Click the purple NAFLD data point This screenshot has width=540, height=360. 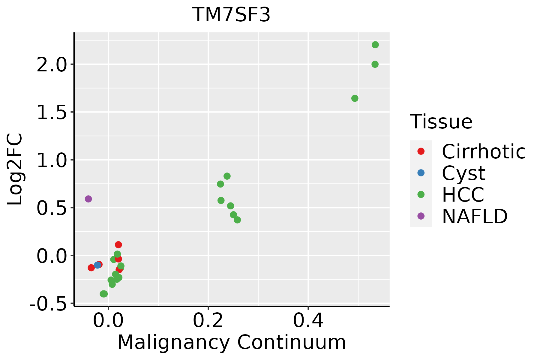tap(88, 199)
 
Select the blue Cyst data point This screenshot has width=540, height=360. tap(97, 265)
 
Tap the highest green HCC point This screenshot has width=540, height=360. tap(375, 45)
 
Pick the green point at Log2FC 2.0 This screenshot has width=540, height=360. tap(375, 64)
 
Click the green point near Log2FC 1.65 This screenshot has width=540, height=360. tap(355, 98)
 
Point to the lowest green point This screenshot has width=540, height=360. tap(104, 294)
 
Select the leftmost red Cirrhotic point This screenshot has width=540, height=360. tap(91, 268)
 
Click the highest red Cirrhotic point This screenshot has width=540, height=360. tap(118, 245)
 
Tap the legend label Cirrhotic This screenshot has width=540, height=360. tap(484, 151)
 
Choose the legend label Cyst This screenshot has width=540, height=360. tap(463, 173)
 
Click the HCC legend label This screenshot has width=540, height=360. tap(463, 195)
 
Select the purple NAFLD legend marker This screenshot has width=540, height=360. tap(421, 216)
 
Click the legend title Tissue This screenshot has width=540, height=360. tap(441, 122)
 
